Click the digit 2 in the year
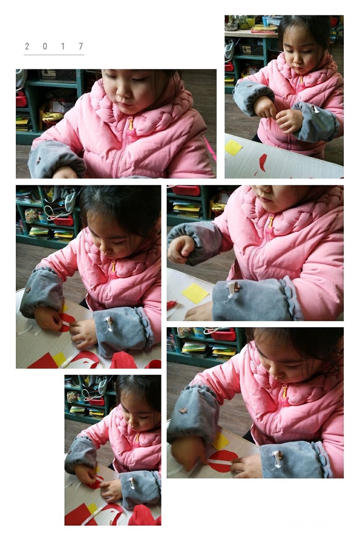(x=27, y=46)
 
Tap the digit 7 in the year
(x=81, y=46)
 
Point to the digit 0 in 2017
(x=45, y=46)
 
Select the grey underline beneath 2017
(x=54, y=55)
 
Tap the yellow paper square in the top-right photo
(x=233, y=147)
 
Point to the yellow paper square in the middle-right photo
(x=195, y=293)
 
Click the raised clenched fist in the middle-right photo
(x=180, y=249)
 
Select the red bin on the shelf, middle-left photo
(x=63, y=220)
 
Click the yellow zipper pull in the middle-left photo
(x=113, y=267)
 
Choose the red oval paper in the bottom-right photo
(x=223, y=461)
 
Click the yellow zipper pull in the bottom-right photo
(x=284, y=392)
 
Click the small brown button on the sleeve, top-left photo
(x=38, y=160)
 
